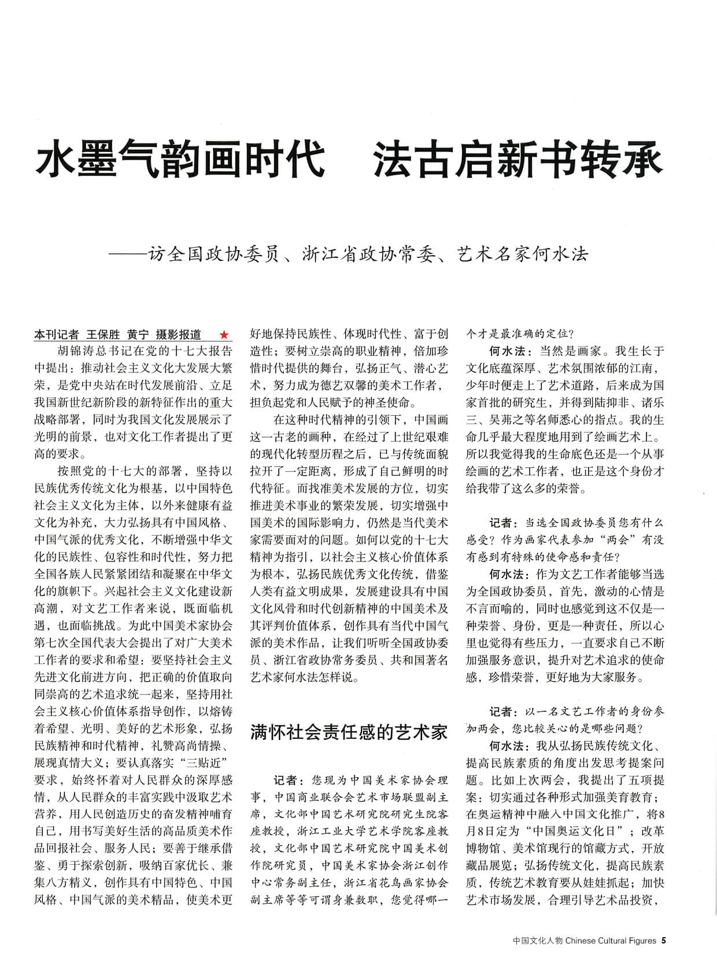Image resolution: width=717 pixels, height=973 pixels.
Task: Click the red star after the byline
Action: pos(224,335)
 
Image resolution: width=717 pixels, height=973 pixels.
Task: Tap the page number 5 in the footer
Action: pos(664,941)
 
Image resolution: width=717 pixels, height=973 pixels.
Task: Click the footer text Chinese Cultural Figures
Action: pos(611,941)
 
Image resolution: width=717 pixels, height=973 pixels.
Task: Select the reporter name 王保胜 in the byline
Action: pos(103,335)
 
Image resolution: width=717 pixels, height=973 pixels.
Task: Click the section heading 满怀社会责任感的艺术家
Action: pos(349,732)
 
